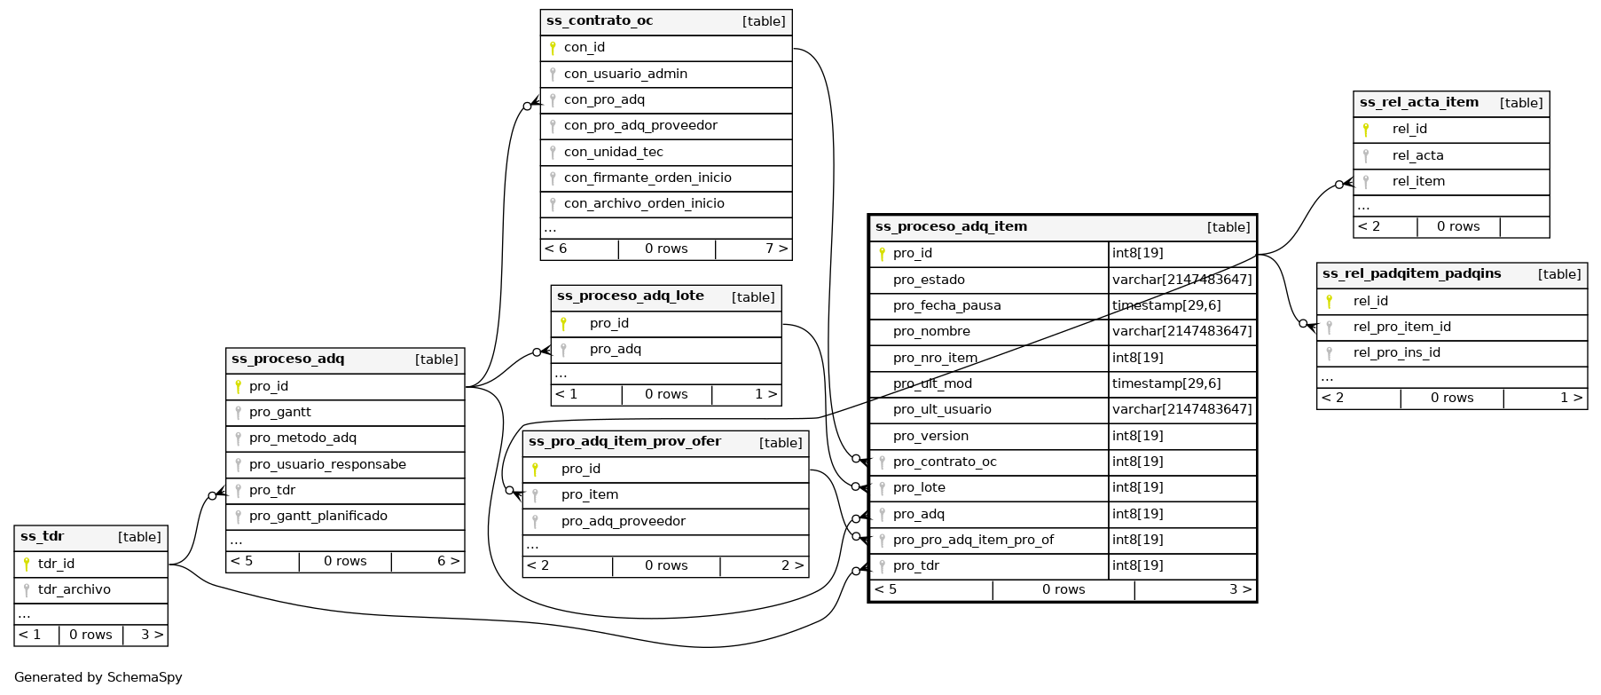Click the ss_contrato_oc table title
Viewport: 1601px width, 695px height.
point(600,21)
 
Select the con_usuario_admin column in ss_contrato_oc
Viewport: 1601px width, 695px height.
point(625,74)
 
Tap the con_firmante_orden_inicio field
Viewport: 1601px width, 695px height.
point(647,178)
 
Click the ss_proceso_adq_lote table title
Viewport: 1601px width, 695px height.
point(630,296)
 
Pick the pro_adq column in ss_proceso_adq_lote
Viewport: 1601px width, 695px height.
point(615,349)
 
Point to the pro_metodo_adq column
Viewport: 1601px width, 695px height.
point(302,438)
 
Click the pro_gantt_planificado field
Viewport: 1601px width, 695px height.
point(318,516)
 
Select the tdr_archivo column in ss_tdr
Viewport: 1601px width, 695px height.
point(74,589)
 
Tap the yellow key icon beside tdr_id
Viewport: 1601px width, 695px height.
point(27,564)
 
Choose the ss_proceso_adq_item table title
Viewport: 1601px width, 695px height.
point(951,227)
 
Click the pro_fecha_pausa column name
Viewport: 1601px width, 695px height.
point(946,305)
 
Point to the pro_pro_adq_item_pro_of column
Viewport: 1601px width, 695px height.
point(973,540)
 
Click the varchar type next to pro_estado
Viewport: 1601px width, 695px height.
point(1181,280)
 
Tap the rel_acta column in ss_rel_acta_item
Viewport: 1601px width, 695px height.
point(1417,155)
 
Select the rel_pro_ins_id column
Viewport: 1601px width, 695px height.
point(1396,352)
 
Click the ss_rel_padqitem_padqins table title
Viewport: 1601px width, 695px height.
point(1411,274)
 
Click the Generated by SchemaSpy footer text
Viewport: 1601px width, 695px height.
point(98,677)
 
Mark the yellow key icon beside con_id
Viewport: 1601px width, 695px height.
point(553,48)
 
